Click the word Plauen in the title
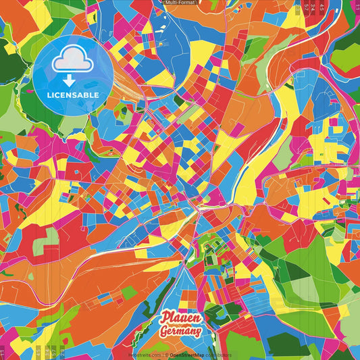pyautogui.click(x=180, y=319)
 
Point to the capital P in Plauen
pyautogui.click(x=164, y=319)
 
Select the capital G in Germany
pyautogui.click(x=163, y=332)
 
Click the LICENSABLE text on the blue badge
pyautogui.click(x=73, y=95)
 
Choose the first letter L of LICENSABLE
pyautogui.click(x=50, y=95)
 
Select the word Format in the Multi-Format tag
pyautogui.click(x=187, y=3)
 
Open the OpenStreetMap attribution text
pyautogui.click(x=188, y=355)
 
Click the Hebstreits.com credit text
pyautogui.click(x=145, y=355)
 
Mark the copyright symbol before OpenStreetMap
pyautogui.click(x=166, y=355)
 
